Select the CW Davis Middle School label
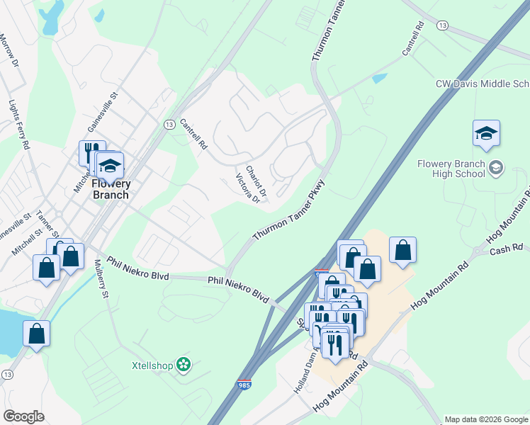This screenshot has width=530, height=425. [x=483, y=84]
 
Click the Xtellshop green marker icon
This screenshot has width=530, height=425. [x=184, y=365]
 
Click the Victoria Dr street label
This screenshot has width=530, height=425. [x=248, y=188]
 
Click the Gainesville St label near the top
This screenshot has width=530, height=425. [x=101, y=112]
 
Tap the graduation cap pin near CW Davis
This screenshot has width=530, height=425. [x=486, y=134]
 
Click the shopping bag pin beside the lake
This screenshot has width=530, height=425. [x=36, y=334]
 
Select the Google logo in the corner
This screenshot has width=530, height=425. [x=23, y=416]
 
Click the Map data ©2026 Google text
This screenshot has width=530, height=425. [x=485, y=419]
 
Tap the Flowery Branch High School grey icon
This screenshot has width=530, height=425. [x=496, y=168]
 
